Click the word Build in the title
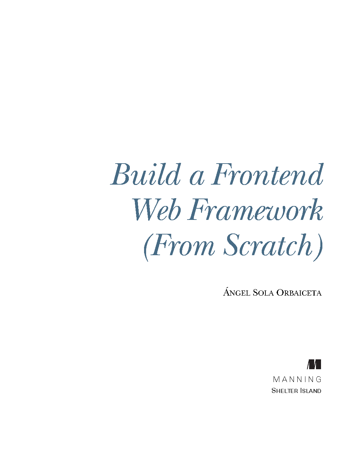click(145, 174)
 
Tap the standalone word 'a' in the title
click(197, 179)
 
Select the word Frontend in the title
click(267, 174)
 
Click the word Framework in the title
click(255, 210)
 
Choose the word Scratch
click(268, 245)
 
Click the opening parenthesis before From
click(146, 247)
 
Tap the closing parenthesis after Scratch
click(318, 247)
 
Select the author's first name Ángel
click(236, 292)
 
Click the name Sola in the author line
click(263, 293)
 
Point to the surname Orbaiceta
click(299, 293)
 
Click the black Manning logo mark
click(314, 364)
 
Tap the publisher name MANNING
click(297, 379)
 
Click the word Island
click(311, 391)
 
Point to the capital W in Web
click(145, 210)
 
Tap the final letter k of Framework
click(316, 210)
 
